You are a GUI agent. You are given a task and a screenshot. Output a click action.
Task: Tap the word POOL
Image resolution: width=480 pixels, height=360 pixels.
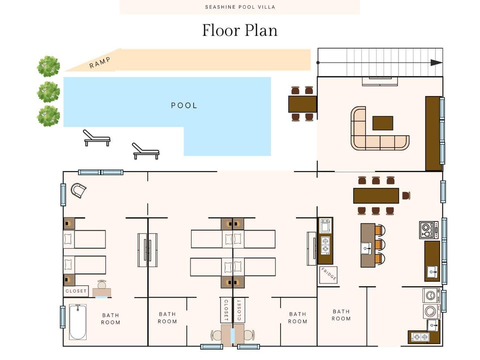(x=184, y=105)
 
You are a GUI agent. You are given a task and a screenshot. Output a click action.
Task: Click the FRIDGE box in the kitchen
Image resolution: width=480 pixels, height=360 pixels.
(x=328, y=275)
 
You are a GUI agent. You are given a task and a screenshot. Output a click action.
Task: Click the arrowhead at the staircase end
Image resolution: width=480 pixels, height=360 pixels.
(x=436, y=62)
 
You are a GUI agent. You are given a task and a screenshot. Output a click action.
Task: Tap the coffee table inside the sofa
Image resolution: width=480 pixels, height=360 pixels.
(x=382, y=123)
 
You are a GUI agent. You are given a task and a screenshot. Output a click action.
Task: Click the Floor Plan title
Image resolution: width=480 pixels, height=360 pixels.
(x=239, y=30)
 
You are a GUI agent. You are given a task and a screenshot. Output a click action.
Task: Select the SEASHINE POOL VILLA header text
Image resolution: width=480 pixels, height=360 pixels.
(x=240, y=7)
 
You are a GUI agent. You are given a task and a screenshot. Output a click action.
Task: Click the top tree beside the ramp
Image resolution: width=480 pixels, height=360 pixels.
(x=48, y=66)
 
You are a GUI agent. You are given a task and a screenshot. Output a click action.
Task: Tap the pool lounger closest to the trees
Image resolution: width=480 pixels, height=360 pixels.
(x=96, y=138)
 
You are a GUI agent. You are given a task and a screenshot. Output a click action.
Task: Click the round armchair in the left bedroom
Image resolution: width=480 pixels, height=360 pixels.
(x=78, y=190)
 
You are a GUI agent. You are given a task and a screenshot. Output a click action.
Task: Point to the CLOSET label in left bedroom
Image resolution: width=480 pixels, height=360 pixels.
(x=76, y=291)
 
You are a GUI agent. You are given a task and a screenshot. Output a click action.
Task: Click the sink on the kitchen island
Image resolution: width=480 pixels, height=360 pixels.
(x=365, y=246)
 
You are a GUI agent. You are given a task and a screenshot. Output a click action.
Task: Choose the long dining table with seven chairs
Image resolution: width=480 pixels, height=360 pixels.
(x=376, y=195)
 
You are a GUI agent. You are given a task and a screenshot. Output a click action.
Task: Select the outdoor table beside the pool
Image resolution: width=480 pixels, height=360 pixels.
(x=302, y=104)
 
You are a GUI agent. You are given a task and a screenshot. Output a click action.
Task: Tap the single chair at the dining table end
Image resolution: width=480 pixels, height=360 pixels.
(x=406, y=195)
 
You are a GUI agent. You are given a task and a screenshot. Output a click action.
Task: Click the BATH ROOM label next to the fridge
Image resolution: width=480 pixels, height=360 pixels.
(x=341, y=315)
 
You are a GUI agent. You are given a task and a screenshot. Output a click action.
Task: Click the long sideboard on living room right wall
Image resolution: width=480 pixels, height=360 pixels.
(x=433, y=133)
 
